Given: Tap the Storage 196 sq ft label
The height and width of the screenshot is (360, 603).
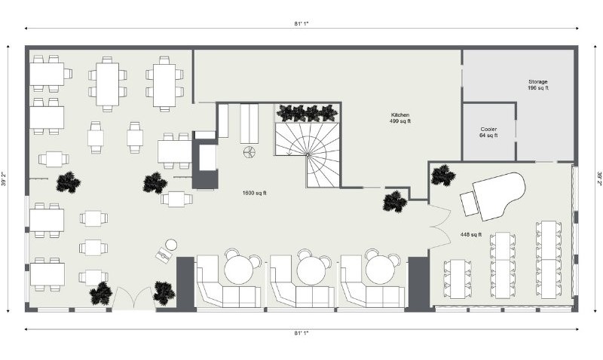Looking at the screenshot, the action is [538, 84].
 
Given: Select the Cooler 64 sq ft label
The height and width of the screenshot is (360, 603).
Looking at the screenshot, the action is [488, 132].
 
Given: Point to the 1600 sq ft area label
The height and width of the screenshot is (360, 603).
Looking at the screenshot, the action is [255, 193].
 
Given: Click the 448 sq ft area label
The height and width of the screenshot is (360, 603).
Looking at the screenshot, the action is [471, 234].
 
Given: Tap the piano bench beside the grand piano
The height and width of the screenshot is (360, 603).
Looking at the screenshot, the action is [469, 203].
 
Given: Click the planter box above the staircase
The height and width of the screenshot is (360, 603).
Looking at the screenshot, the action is [308, 112].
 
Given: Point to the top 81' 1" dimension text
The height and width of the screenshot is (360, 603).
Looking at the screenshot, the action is [301, 23].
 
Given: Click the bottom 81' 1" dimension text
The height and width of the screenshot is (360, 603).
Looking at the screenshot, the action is [301, 334].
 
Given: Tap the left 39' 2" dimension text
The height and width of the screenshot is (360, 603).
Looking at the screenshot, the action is [5, 178].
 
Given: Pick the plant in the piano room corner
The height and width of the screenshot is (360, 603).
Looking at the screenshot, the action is [443, 175].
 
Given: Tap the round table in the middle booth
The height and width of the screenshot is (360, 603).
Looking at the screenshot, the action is [311, 270].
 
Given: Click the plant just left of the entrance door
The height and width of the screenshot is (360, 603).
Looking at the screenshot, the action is [101, 294].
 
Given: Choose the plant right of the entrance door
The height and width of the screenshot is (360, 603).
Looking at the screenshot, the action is [164, 294].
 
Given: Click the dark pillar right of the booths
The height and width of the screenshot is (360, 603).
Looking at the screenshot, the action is [418, 285].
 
